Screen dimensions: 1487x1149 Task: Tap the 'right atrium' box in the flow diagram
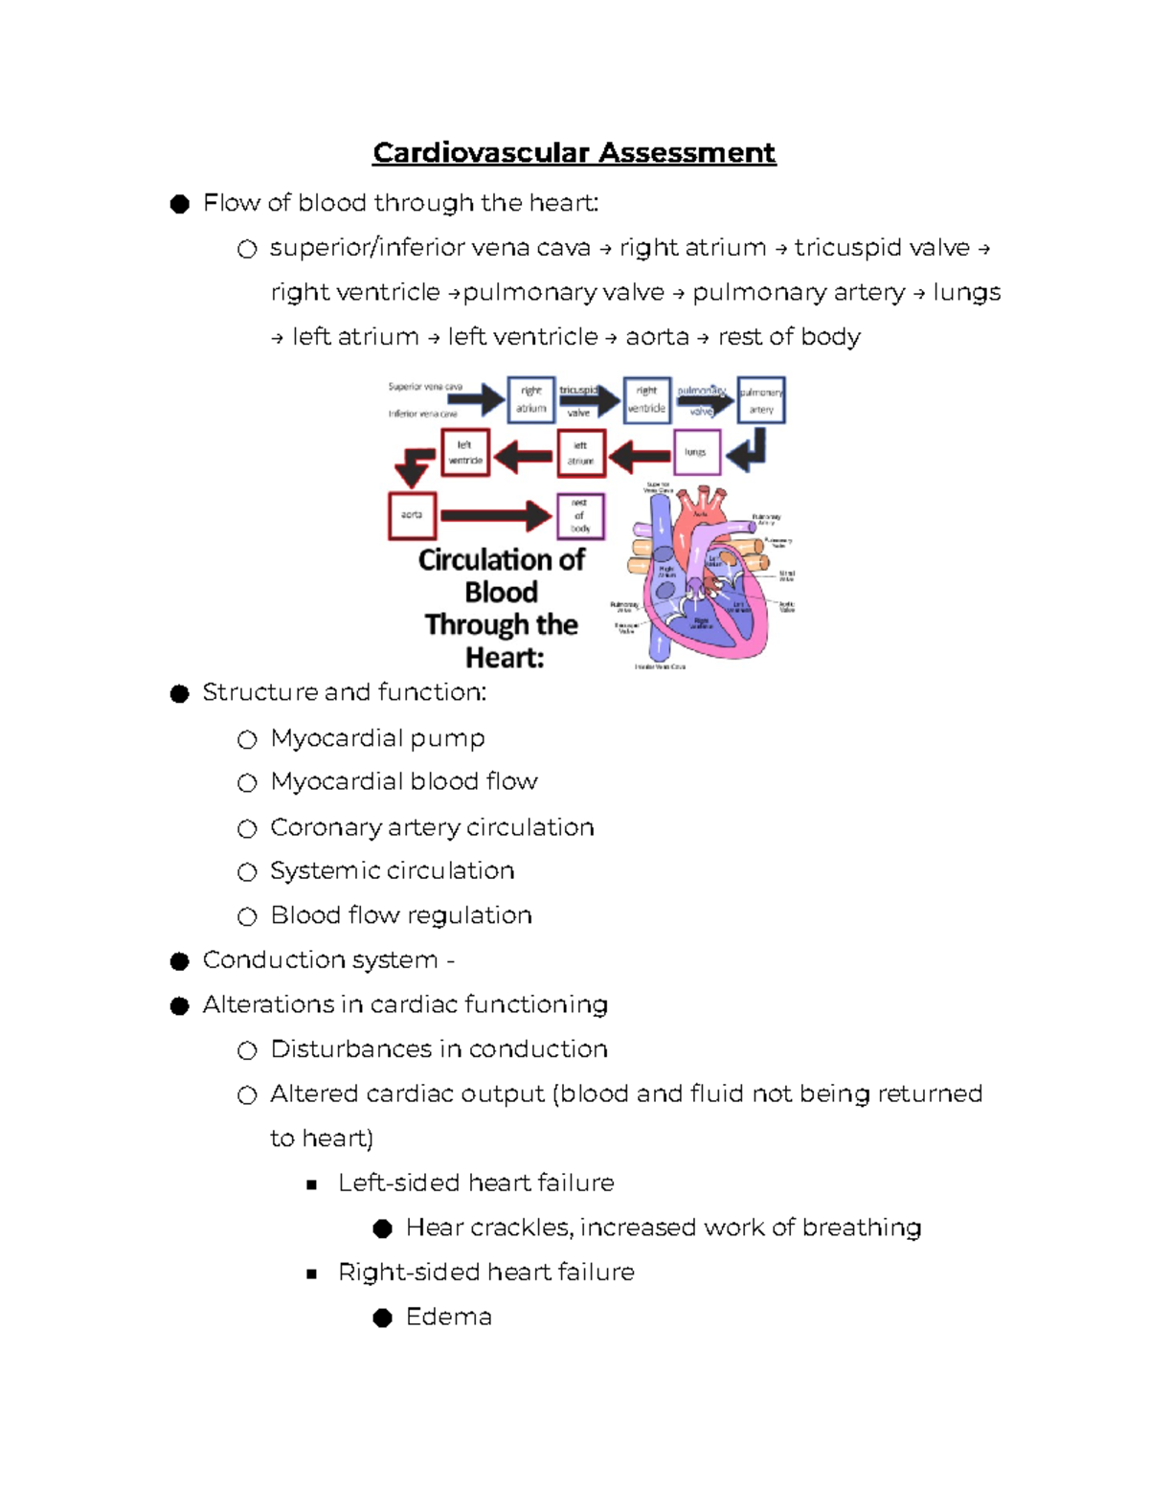pyautogui.click(x=530, y=399)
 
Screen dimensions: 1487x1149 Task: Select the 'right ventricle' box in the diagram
pyautogui.click(x=646, y=399)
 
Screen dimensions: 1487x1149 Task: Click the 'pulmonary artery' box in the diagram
pyautogui.click(x=761, y=400)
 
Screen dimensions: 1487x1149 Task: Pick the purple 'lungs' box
pyautogui.click(x=696, y=452)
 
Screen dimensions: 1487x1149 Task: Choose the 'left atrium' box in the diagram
pyautogui.click(x=580, y=453)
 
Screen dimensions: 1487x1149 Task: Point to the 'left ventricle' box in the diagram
pyautogui.click(x=465, y=453)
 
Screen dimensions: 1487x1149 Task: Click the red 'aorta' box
pyautogui.click(x=413, y=515)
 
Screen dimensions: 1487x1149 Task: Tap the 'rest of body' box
pyautogui.click(x=580, y=515)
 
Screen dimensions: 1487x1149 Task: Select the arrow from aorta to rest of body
pyautogui.click(x=495, y=515)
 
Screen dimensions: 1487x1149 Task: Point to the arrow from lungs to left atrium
pyautogui.click(x=640, y=456)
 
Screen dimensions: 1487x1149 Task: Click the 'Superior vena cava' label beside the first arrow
pyautogui.click(x=425, y=387)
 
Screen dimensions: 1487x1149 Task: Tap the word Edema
pyautogui.click(x=448, y=1318)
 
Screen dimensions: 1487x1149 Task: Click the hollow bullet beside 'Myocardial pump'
pyautogui.click(x=247, y=739)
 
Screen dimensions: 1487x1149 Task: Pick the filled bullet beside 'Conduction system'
pyautogui.click(x=179, y=961)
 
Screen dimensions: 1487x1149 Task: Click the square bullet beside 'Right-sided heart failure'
pyautogui.click(x=311, y=1273)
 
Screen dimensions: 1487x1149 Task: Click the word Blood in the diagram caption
pyautogui.click(x=501, y=593)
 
